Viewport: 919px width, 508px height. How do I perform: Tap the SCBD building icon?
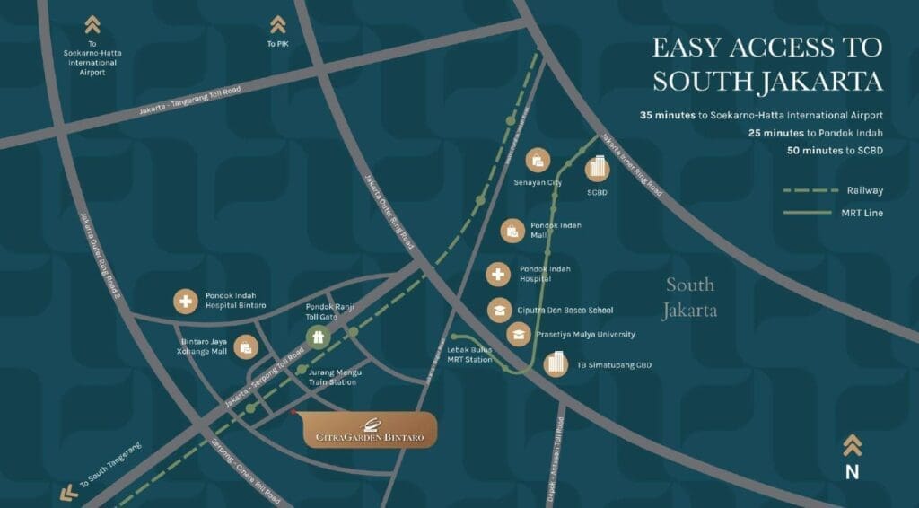(x=598, y=169)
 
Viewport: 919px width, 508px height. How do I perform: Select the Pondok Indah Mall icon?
(x=512, y=231)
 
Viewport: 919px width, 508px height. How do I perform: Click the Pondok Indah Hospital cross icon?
(x=498, y=274)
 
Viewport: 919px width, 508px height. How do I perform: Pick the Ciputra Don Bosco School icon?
(x=497, y=310)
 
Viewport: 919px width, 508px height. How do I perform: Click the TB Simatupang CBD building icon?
(x=557, y=363)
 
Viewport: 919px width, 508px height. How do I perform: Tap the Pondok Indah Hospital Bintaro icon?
(x=185, y=302)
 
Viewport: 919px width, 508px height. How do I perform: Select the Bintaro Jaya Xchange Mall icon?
(x=245, y=346)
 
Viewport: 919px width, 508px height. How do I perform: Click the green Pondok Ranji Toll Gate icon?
(x=316, y=336)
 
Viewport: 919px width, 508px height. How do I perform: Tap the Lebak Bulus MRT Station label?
(x=469, y=355)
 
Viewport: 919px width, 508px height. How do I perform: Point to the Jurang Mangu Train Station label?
(x=331, y=377)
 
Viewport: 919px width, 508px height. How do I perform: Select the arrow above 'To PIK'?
(x=278, y=24)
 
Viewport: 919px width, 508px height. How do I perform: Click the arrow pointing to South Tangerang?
(x=64, y=492)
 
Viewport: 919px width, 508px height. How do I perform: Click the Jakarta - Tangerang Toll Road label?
(x=190, y=101)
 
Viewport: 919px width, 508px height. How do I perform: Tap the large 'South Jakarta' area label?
(x=690, y=298)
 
